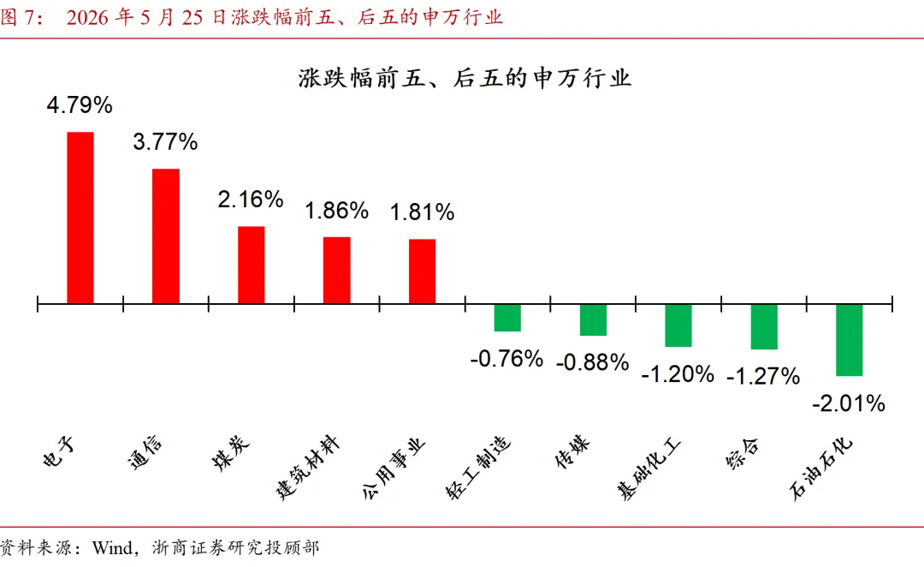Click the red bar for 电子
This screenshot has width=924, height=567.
(80, 218)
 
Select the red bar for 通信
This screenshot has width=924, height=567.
(166, 236)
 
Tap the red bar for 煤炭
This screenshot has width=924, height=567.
(251, 265)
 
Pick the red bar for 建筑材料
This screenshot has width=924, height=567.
(336, 271)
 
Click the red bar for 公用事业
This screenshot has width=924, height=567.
(422, 272)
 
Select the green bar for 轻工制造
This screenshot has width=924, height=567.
(507, 318)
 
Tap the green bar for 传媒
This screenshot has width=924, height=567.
(593, 319)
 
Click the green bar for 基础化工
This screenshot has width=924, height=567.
(678, 325)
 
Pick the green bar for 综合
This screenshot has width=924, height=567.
(764, 327)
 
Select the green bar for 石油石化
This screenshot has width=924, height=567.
(850, 340)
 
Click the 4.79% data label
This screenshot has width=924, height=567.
(80, 105)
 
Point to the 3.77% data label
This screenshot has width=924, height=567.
(165, 142)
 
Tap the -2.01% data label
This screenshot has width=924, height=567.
(849, 404)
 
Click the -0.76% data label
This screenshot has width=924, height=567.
(506, 360)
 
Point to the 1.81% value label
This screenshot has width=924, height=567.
(422, 212)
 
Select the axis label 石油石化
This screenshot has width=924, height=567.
(820, 469)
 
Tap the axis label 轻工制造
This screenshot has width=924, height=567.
(478, 469)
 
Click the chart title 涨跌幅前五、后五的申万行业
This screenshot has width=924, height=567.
(465, 78)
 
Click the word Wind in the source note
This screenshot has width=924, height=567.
(112, 548)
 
